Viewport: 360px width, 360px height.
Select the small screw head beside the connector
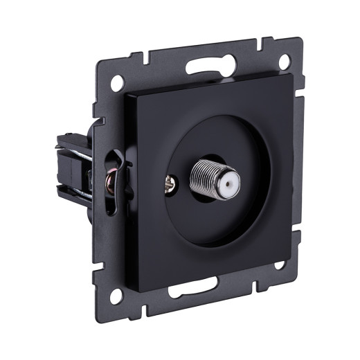[172, 183]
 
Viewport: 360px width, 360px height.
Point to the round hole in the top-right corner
[285, 62]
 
